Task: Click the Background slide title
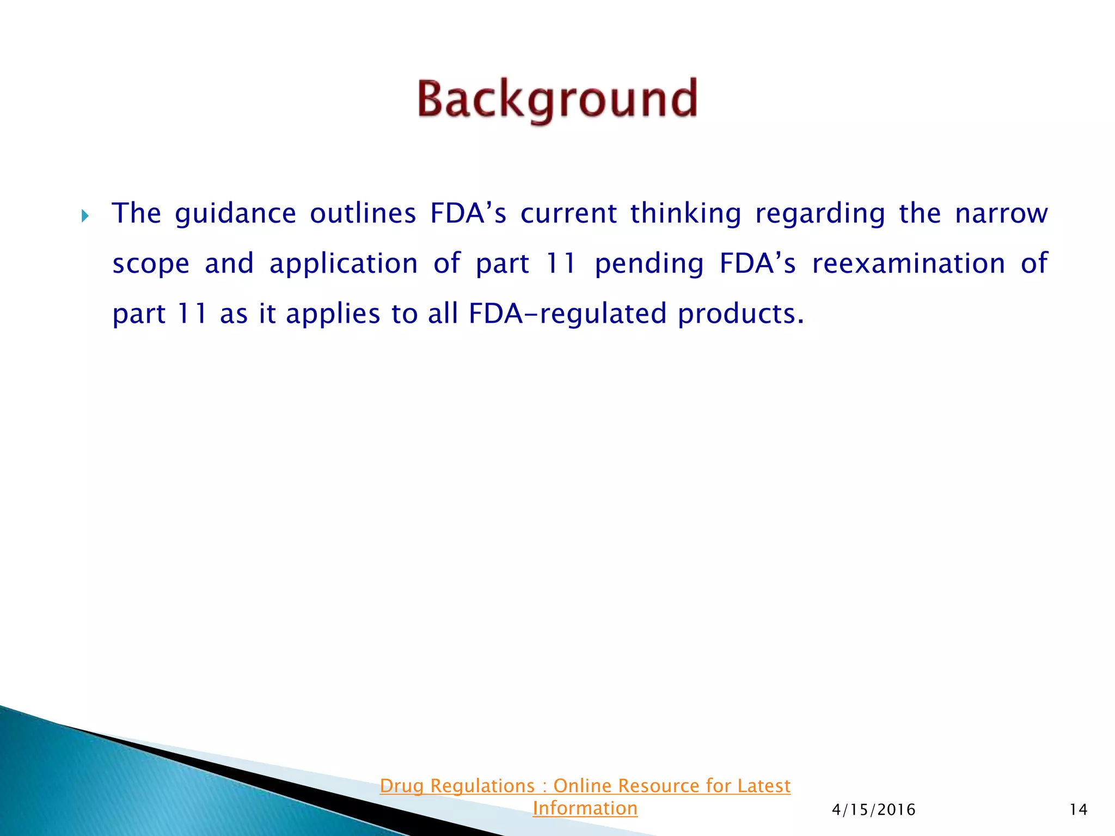pyautogui.click(x=557, y=100)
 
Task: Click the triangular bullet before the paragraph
pyautogui.click(x=85, y=217)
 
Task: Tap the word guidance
pyautogui.click(x=235, y=213)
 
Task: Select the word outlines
pyautogui.click(x=363, y=213)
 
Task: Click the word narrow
pyautogui.click(x=1001, y=213)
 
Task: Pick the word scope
pyautogui.click(x=151, y=264)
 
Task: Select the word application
pyautogui.click(x=344, y=264)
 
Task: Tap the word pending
pyautogui.click(x=649, y=264)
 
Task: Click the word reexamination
pyautogui.click(x=908, y=263)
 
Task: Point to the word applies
pyautogui.click(x=333, y=314)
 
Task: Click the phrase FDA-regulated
pyautogui.click(x=567, y=314)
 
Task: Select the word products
pyautogui.click(x=740, y=314)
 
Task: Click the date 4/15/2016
pyautogui.click(x=873, y=810)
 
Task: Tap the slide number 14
pyautogui.click(x=1078, y=810)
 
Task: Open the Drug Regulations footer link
pyautogui.click(x=457, y=786)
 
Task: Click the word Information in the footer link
pyautogui.click(x=585, y=808)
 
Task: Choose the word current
pyautogui.click(x=568, y=213)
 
